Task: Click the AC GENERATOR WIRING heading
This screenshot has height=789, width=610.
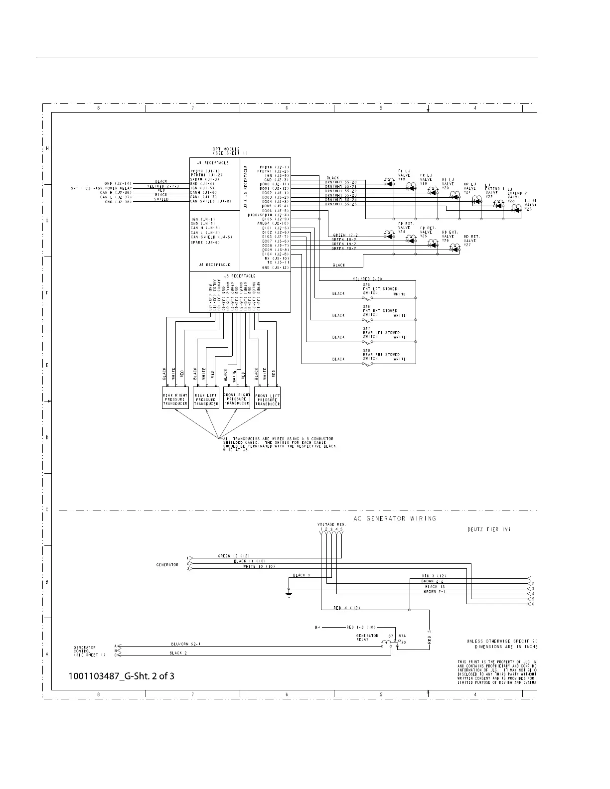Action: [x=395, y=519]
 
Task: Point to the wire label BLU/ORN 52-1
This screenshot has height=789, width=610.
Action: [x=185, y=644]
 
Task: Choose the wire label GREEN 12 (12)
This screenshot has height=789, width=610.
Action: [x=234, y=556]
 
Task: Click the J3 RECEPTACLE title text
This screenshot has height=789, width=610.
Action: [x=240, y=276]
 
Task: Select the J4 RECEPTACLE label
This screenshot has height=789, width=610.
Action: [x=214, y=265]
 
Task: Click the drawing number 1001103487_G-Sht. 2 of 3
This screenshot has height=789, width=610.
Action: [x=122, y=676]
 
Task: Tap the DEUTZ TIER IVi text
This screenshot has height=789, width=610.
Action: [x=485, y=529]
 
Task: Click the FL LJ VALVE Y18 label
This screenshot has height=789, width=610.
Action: [x=404, y=175]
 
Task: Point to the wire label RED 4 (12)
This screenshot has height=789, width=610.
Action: [x=346, y=608]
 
